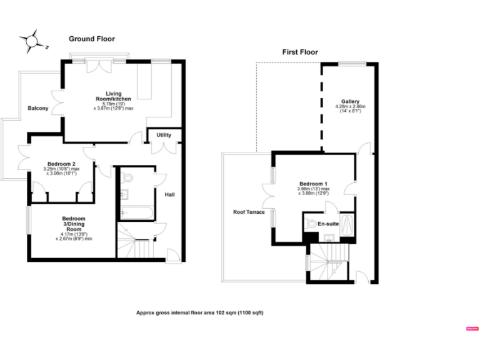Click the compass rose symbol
pos(29,41)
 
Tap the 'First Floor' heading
pos(300,52)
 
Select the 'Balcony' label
pos(38,108)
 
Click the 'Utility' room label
pos(164,135)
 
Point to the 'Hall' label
pos(169,194)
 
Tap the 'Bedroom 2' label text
pos(61,164)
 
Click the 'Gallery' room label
pos(350,101)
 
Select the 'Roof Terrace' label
pos(249,212)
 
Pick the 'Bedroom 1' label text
pos(312,183)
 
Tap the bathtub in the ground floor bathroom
pos(134,213)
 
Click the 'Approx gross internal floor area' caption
pos(200,312)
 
